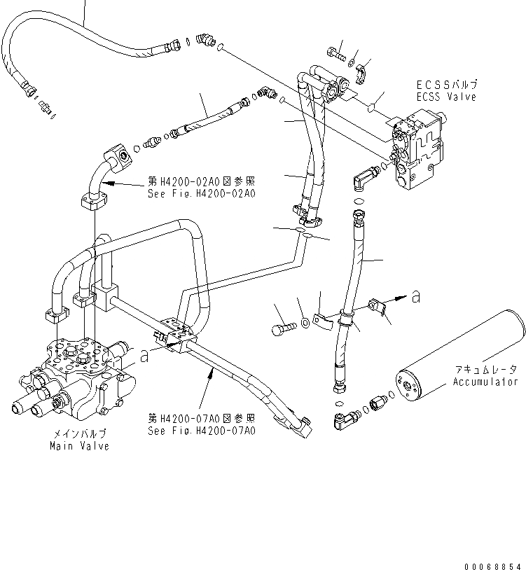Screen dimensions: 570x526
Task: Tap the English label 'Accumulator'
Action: click(485, 382)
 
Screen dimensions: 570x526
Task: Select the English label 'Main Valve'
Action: click(79, 446)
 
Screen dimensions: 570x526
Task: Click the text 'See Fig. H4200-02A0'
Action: click(200, 193)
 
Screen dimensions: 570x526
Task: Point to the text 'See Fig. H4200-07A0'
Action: click(201, 431)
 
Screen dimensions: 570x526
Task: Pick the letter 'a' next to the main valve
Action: click(144, 356)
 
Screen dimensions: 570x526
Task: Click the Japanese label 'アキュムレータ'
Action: click(485, 370)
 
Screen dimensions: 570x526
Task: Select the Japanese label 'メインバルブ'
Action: click(79, 435)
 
